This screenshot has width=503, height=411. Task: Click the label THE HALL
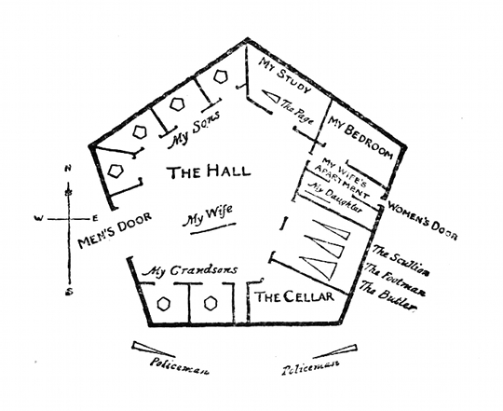coord(209,171)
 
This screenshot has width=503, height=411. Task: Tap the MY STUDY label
coord(284,75)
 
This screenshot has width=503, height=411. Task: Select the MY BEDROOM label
coord(360,137)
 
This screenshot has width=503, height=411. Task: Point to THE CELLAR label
coord(294,296)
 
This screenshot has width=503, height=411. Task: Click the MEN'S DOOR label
coord(115,229)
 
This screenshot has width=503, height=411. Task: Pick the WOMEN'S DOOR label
coord(422,220)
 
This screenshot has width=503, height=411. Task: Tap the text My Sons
coord(195,130)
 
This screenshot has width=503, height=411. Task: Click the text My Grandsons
coord(190,270)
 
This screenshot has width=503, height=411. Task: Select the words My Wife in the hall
coord(207,215)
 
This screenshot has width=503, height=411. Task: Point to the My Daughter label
coord(335,197)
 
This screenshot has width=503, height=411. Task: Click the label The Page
coord(297,111)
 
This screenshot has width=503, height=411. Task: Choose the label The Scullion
coord(401,260)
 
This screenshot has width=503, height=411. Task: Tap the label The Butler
coord(388,295)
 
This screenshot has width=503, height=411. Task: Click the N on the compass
coord(68,168)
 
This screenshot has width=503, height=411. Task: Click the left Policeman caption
coord(180,365)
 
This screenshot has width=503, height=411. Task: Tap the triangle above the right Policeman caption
coord(334,352)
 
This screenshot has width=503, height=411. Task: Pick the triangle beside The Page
coord(270,96)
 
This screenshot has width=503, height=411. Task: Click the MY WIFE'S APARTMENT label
coord(342,178)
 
